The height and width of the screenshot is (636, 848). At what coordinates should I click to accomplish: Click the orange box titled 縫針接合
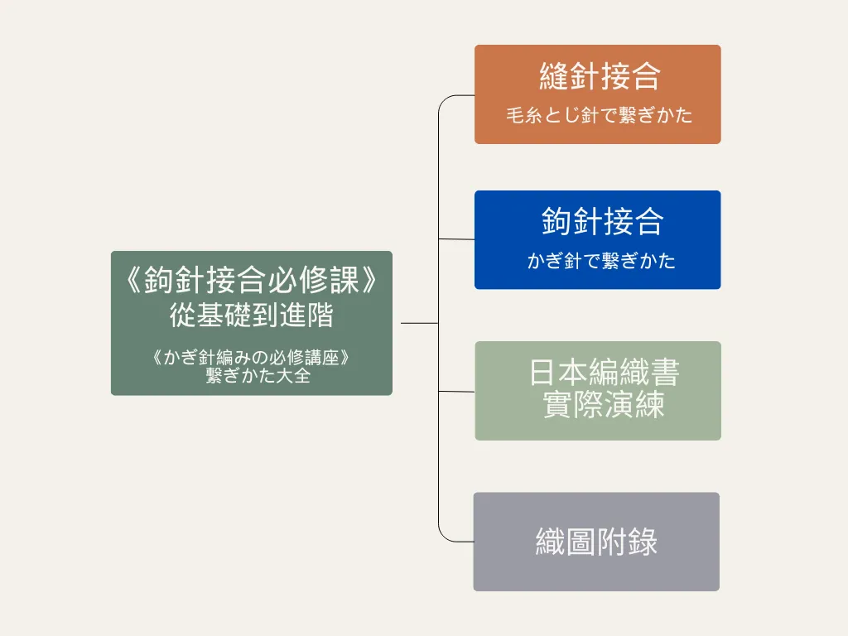coord(598,94)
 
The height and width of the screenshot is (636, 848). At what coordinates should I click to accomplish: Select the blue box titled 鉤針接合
coord(598,239)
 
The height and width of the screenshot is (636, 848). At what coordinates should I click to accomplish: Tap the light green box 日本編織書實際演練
coord(598,391)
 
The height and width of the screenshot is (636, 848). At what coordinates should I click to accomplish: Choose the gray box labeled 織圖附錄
coord(596,542)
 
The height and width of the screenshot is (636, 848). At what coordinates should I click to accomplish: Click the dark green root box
coord(252,323)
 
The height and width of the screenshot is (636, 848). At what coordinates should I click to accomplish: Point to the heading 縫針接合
coord(600,76)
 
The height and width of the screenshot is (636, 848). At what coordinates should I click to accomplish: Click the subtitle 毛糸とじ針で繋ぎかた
coord(599,115)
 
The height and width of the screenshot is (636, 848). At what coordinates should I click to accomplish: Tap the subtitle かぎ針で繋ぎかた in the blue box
coord(601,261)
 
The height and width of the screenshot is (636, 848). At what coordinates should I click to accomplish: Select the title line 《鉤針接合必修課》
coord(252,280)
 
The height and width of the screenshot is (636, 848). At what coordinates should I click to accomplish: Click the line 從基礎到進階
coord(252,315)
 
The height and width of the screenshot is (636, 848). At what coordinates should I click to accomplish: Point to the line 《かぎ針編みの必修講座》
coord(252,358)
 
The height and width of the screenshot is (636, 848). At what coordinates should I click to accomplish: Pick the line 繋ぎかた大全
coord(258,375)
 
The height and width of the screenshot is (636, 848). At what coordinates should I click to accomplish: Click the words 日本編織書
coord(604,372)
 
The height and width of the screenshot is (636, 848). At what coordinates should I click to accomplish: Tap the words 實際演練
coord(604,404)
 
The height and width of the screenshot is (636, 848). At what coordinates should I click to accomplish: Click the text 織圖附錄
coord(596,542)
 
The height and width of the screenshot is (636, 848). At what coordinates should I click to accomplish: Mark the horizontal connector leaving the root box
coord(420,324)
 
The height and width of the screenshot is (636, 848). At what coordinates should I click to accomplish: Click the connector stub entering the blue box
coord(456,239)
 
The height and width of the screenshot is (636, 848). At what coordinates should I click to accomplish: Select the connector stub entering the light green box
coord(456,391)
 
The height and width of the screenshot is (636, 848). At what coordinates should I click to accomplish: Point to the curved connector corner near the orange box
coord(444,100)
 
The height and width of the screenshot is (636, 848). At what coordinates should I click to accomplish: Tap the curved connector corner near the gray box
coord(444,537)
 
